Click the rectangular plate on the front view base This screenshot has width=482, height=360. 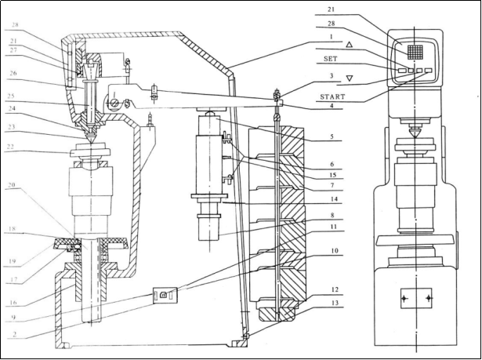(415, 299)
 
